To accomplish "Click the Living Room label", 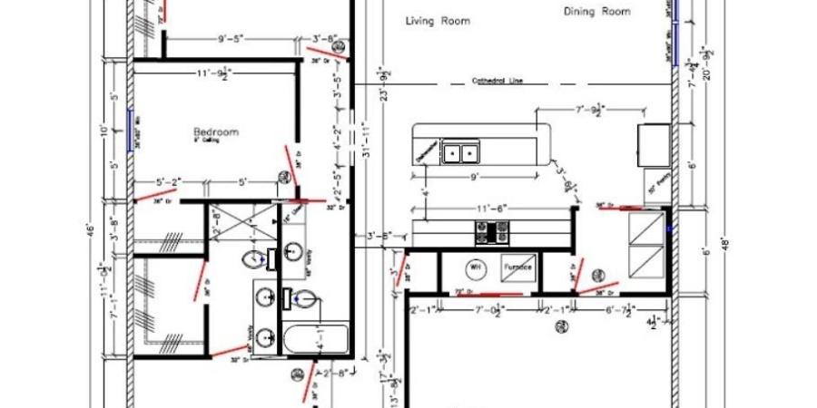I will [438, 20].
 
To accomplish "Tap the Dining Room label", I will [596, 12].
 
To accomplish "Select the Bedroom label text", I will [215, 132].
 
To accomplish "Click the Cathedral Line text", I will [497, 81].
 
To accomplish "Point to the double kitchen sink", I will [460, 151].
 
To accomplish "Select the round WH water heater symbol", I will [475, 267].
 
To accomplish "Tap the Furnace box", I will [518, 268].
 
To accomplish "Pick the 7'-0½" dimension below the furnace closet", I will [489, 311].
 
